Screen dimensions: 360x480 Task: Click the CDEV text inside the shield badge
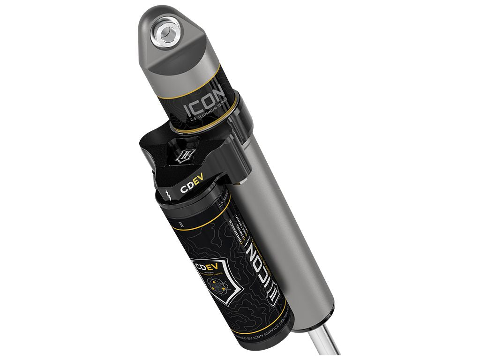coord(202,268)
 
